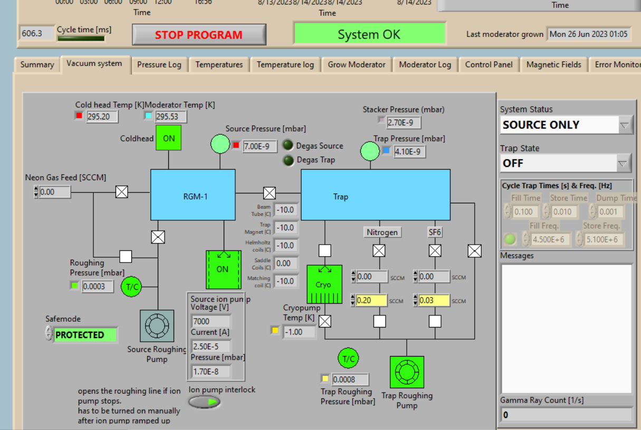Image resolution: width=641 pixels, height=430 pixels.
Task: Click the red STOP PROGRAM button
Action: [x=199, y=35]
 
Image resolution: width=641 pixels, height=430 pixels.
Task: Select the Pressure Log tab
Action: [x=159, y=64]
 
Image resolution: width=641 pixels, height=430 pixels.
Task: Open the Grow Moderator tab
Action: [x=357, y=64]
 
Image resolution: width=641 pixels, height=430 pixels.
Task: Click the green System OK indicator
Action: [x=369, y=35]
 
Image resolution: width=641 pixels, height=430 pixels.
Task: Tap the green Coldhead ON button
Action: [x=168, y=138]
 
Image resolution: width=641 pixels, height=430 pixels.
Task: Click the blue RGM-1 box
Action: [x=193, y=194]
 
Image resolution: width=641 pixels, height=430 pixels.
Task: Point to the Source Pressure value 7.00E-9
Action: [x=260, y=146]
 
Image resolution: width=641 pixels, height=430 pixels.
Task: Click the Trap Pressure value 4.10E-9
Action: [x=409, y=152]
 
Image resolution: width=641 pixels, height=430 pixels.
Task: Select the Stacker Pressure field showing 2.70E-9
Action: [x=404, y=123]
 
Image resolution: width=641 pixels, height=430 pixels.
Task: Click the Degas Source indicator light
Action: [x=288, y=145]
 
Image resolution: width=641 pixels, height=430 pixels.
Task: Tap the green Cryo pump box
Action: [x=324, y=284]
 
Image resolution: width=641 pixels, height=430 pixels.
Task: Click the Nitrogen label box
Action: [x=382, y=232]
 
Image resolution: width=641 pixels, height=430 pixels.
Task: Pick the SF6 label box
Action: [x=435, y=232]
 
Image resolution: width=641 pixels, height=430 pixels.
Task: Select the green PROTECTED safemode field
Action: [x=84, y=335]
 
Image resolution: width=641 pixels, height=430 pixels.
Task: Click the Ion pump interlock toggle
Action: [x=205, y=402]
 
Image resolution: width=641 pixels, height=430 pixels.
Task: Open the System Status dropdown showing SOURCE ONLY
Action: [x=566, y=125]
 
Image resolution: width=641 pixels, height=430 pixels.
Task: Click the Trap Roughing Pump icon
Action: [x=406, y=372]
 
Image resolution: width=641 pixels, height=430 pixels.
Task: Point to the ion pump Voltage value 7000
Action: [x=211, y=321]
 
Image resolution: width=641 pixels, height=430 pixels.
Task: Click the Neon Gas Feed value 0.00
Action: [x=54, y=192]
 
